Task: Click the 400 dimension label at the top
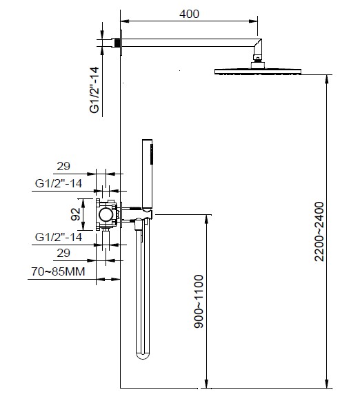tap(189, 14)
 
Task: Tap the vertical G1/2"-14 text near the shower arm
tap(94, 90)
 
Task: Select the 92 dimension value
tap(75, 214)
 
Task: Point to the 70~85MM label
tap(58, 271)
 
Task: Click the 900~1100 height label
tap(199, 302)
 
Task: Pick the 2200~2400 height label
tap(319, 231)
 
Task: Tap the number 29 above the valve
tap(63, 166)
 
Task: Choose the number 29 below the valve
tap(63, 253)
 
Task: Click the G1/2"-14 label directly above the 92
tap(59, 183)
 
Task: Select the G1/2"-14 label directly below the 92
tap(59, 237)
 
